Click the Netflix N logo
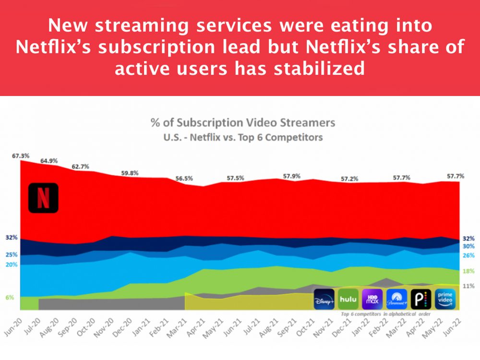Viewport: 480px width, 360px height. pos(43,198)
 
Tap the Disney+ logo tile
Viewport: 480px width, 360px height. pos(324,300)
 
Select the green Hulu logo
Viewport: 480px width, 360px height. pos(348,300)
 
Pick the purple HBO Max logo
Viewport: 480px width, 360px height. pos(372,300)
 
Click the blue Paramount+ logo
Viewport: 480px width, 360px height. pos(396,300)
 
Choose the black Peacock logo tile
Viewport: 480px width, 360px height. pos(421,300)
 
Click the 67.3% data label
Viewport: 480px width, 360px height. pos(21,156)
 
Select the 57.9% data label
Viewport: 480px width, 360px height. pos(292,176)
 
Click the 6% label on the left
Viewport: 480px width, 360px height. pos(10,298)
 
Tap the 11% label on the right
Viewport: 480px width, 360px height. pos(468,286)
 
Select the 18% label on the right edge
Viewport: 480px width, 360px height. pos(468,271)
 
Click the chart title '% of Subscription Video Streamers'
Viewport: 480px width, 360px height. pos(243,122)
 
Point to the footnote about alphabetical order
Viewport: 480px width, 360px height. pos(385,314)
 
